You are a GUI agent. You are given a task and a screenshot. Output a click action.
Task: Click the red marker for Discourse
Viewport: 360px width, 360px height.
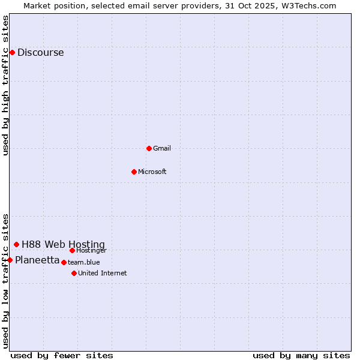[x=12, y=52]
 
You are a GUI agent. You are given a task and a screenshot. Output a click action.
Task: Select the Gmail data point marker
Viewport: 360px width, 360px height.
[x=149, y=148]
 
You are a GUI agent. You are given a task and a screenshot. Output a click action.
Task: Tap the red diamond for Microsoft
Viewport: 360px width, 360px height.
[x=134, y=172]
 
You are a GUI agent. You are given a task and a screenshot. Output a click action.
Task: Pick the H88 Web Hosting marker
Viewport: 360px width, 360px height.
[x=16, y=244]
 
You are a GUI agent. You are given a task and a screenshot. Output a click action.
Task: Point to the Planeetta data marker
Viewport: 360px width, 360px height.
[x=10, y=260]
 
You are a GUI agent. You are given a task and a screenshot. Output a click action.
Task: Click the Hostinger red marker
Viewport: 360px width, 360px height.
[x=72, y=250]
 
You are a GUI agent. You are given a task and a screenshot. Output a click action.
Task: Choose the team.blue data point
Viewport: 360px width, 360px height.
[x=64, y=262]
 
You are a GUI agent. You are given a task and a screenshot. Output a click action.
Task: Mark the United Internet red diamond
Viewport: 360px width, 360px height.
[x=74, y=273]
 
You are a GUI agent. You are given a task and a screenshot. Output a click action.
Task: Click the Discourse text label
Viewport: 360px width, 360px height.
[x=40, y=52]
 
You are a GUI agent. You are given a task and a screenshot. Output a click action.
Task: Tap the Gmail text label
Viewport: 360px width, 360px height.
[x=162, y=148]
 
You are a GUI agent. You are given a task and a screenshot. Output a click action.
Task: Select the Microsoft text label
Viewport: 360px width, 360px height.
[x=152, y=172]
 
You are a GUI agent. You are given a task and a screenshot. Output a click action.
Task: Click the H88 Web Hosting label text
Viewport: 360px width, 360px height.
[x=63, y=244]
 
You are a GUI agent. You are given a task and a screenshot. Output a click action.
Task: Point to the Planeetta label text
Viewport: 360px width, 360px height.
[x=37, y=260]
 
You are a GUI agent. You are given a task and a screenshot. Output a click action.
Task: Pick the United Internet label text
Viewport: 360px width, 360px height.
[x=103, y=273]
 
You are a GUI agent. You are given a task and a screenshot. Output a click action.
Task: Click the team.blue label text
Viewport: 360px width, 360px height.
[x=84, y=262]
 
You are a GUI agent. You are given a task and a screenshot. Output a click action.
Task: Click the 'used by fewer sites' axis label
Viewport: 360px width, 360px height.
[x=62, y=355]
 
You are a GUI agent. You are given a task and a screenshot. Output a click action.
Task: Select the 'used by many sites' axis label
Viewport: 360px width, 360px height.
[x=301, y=355]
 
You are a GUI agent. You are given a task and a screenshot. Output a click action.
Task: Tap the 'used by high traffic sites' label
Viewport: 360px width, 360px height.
[x=6, y=86]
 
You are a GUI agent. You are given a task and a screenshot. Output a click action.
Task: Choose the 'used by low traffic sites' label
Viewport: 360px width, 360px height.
[x=6, y=280]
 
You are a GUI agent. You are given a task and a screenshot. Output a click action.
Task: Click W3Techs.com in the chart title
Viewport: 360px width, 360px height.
[x=307, y=5]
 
